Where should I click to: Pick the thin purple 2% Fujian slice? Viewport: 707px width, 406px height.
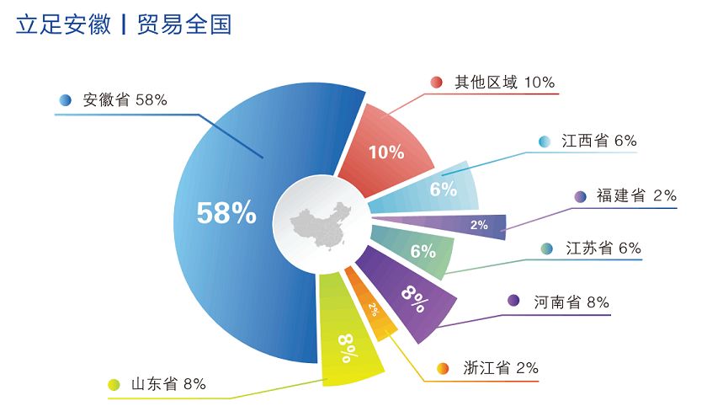tap(451, 224)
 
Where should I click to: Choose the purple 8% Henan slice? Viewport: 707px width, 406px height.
tap(408, 293)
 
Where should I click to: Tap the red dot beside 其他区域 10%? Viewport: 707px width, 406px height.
tap(436, 82)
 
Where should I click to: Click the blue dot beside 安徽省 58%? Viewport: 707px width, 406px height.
tap(66, 99)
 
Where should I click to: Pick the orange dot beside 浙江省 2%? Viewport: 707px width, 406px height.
tap(443, 369)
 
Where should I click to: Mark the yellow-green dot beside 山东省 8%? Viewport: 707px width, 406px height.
tap(114, 385)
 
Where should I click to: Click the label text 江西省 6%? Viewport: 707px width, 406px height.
tap(599, 141)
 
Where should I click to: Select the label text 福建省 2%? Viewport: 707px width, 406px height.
tap(636, 195)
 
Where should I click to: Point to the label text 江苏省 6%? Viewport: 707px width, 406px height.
tap(603, 248)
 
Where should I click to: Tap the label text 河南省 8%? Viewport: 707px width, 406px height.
tap(571, 302)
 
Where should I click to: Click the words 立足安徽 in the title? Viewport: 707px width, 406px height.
tap(63, 24)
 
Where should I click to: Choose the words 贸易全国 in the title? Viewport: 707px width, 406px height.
tap(184, 24)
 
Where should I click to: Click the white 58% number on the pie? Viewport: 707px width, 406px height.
tap(226, 213)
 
